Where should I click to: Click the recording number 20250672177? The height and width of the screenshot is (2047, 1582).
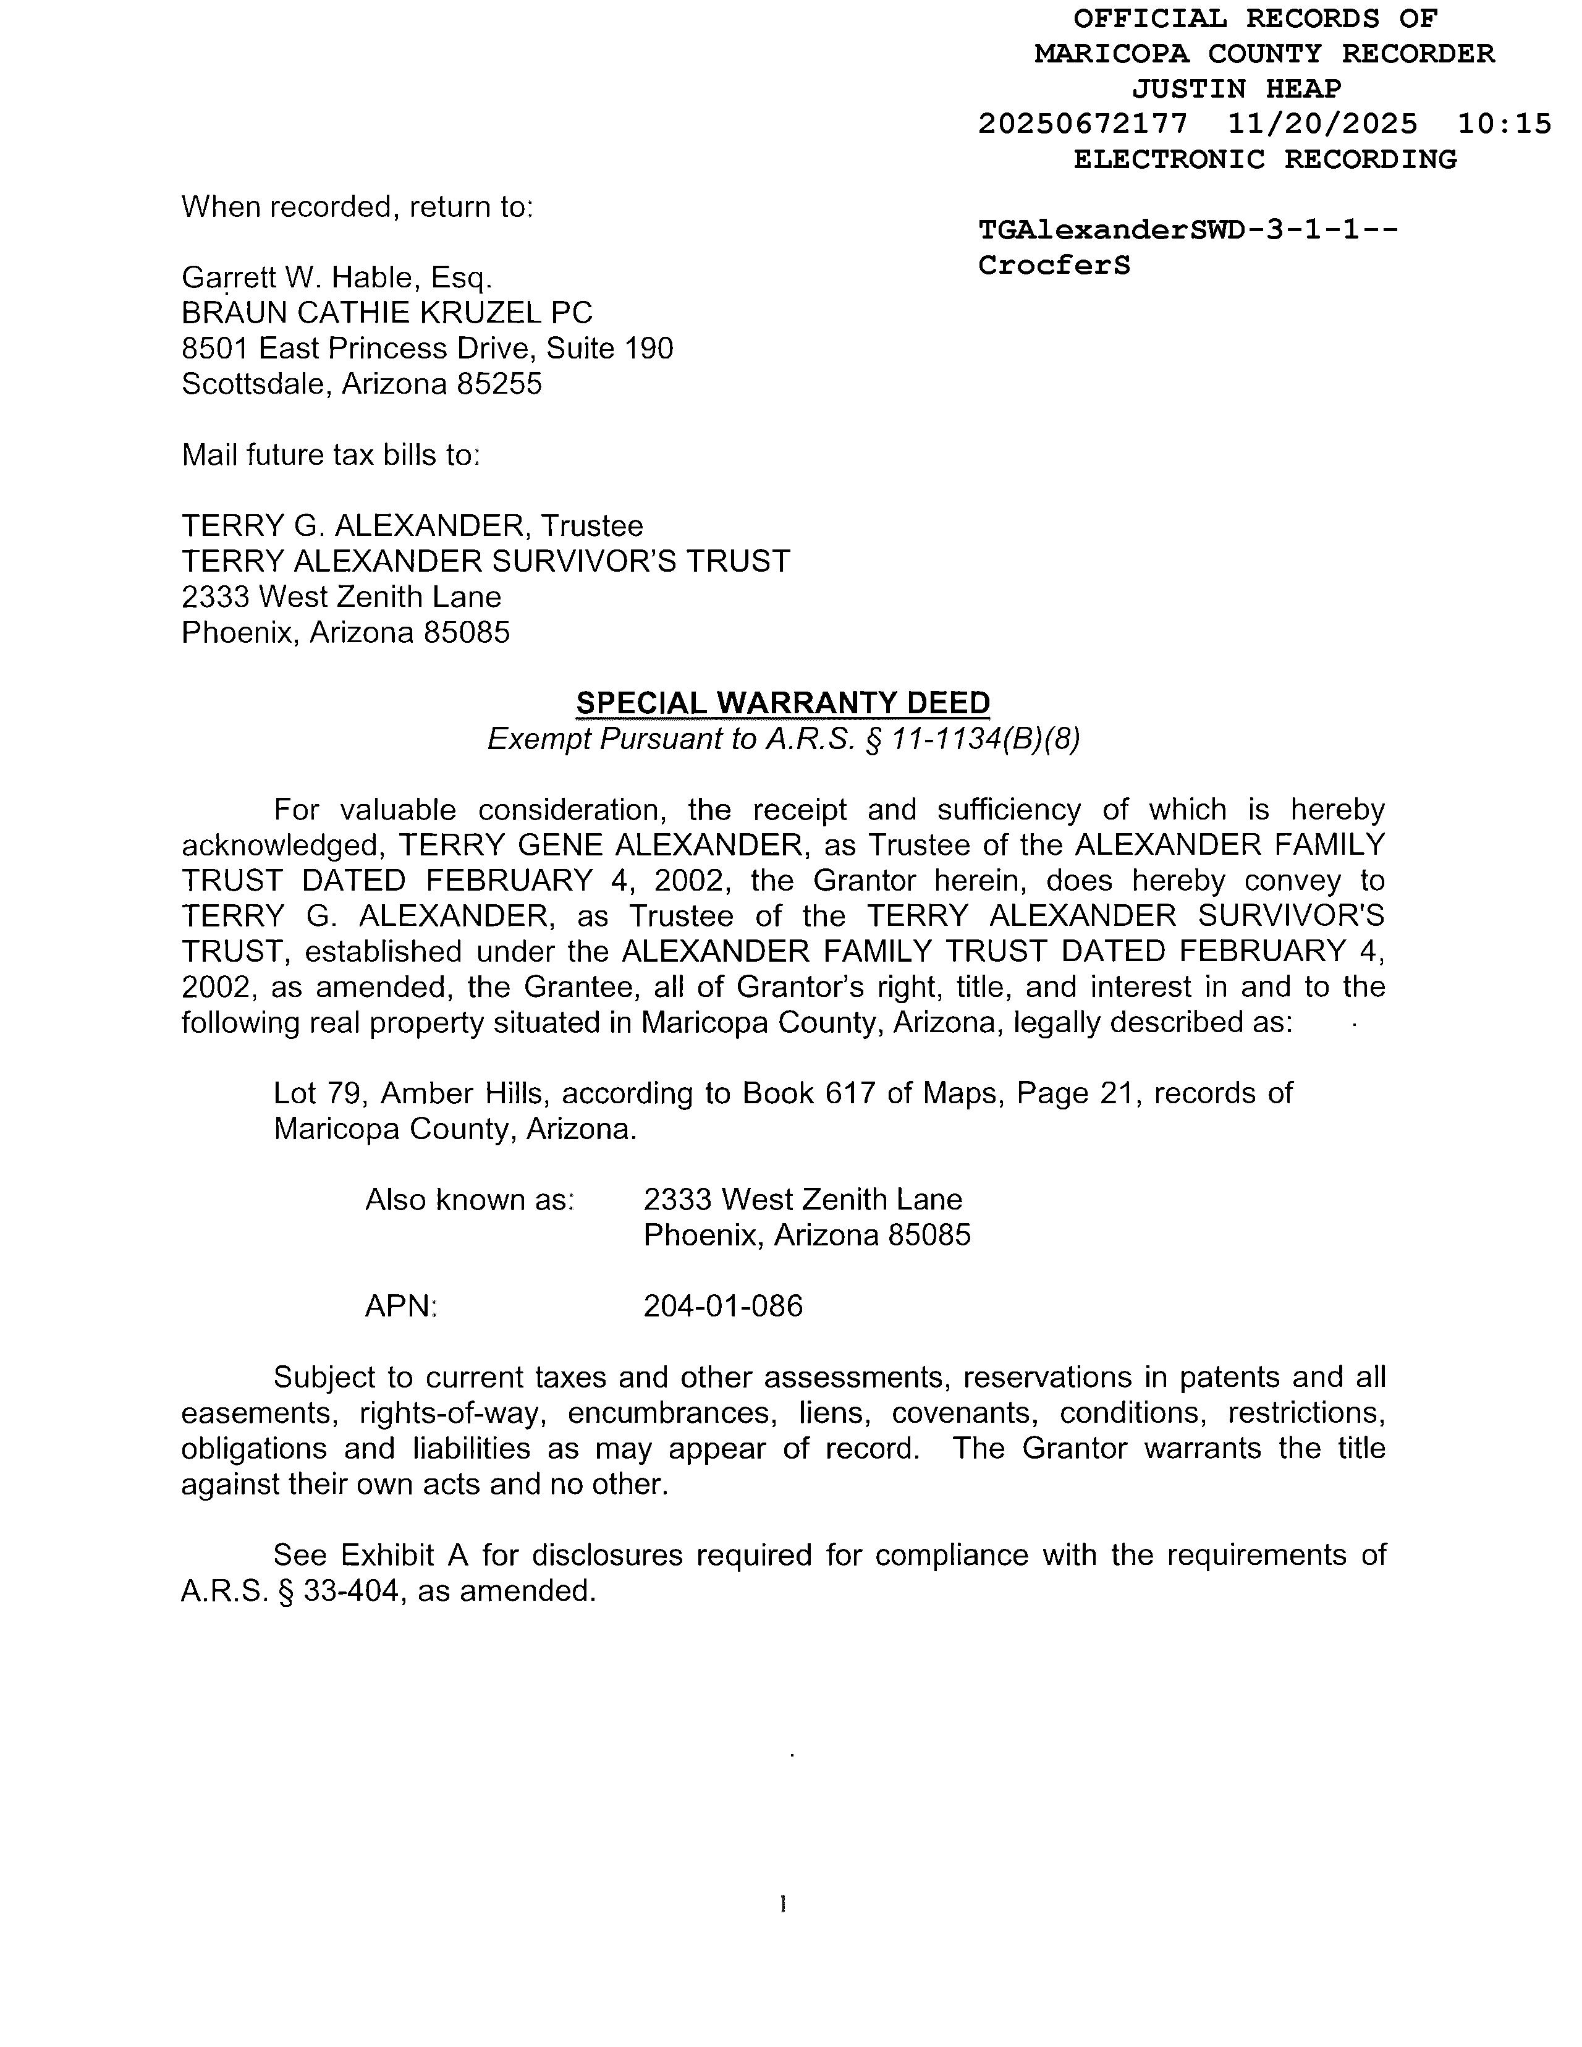pos(1083,124)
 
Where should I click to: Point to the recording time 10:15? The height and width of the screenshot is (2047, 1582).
pos(1504,124)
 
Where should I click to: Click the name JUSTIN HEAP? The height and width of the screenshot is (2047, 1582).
pos(1236,89)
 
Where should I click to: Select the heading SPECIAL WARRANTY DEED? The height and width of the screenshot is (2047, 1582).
pos(782,703)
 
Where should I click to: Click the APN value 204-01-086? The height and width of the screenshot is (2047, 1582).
pos(722,1305)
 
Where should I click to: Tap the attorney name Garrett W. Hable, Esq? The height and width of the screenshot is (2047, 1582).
pos(336,278)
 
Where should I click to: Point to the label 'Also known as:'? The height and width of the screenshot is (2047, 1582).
pos(470,1200)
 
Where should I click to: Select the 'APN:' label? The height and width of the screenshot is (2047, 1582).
pos(401,1305)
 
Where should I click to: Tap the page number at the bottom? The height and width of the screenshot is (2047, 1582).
pos(782,1904)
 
